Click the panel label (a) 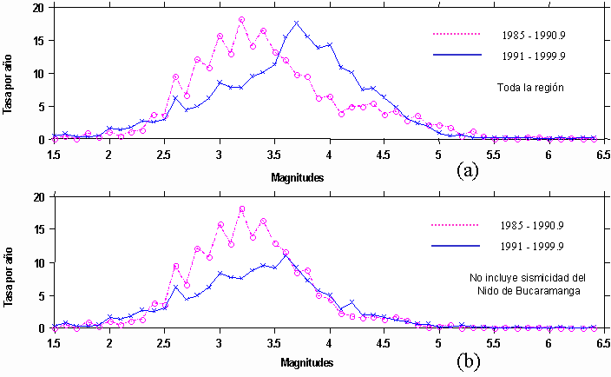tap(468, 169)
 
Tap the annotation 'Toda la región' tap(530, 88)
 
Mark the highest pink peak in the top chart tap(241, 19)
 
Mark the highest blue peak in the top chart tap(297, 23)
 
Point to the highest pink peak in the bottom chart tap(241, 208)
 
